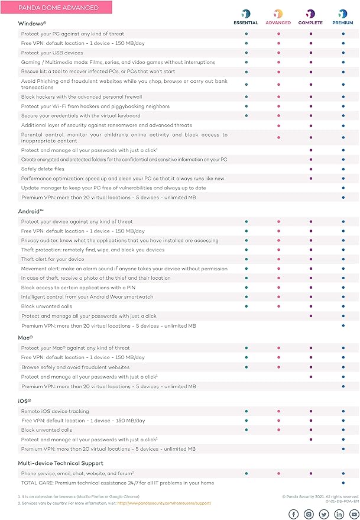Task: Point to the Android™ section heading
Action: point(33,211)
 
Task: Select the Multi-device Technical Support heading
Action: point(61,463)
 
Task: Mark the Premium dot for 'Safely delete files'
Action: point(343,169)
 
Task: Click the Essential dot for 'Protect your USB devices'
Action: point(246,53)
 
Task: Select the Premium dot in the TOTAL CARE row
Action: point(343,483)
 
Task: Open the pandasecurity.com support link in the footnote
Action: point(164,503)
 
